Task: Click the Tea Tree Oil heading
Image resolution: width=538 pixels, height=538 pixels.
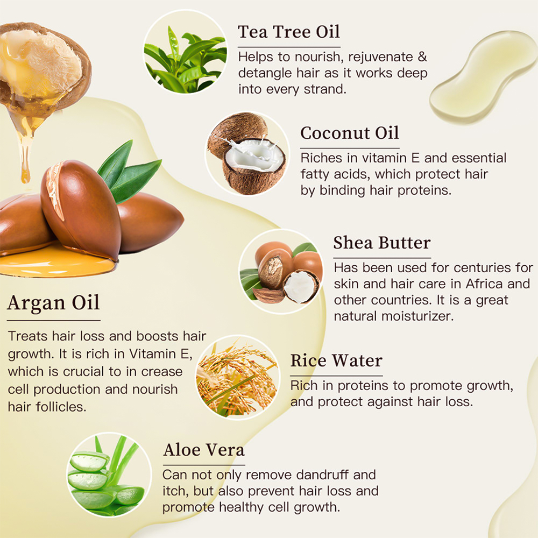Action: (x=289, y=32)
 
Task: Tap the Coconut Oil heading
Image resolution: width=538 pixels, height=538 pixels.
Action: (x=350, y=133)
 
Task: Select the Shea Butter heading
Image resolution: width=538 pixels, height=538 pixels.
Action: (x=382, y=243)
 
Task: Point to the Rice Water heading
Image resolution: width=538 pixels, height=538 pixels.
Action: (x=336, y=360)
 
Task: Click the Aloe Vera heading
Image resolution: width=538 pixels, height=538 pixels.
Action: (x=204, y=450)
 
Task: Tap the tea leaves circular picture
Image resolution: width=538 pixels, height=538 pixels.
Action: (x=185, y=52)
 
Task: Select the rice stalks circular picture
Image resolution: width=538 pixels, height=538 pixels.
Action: (x=237, y=378)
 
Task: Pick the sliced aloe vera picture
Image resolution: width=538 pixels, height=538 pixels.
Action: (x=109, y=475)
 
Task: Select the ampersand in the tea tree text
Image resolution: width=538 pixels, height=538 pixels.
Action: (x=422, y=56)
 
